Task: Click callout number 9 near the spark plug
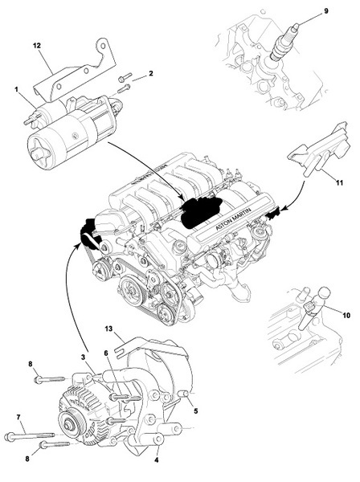(326, 11)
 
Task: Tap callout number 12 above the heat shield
(37, 46)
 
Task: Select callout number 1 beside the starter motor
(16, 89)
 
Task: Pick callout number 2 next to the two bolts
(150, 74)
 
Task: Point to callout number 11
(339, 183)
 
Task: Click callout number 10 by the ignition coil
(346, 316)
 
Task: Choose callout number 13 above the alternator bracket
(108, 329)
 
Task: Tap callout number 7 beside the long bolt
(18, 417)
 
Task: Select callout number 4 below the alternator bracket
(157, 460)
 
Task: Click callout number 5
(196, 411)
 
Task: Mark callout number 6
(106, 353)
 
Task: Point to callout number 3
(83, 357)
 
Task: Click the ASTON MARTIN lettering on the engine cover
(233, 219)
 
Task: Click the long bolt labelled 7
(30, 436)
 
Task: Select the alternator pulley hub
(68, 427)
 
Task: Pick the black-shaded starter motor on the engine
(202, 211)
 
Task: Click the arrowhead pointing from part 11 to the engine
(284, 209)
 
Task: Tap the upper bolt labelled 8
(49, 379)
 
